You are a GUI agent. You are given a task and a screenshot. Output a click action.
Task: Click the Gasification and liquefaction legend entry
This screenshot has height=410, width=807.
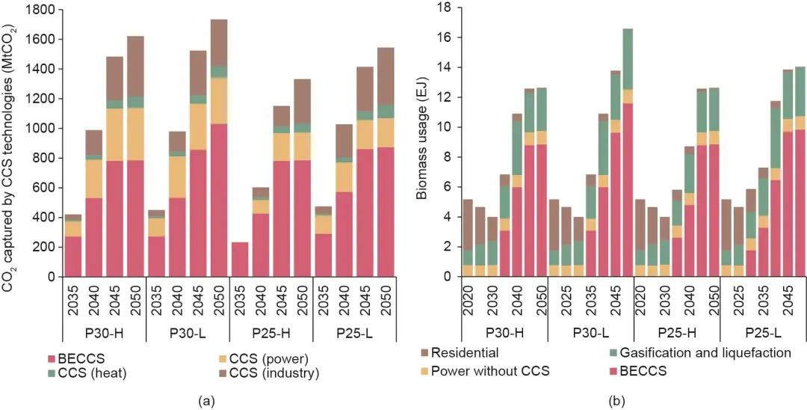click(697, 351)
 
